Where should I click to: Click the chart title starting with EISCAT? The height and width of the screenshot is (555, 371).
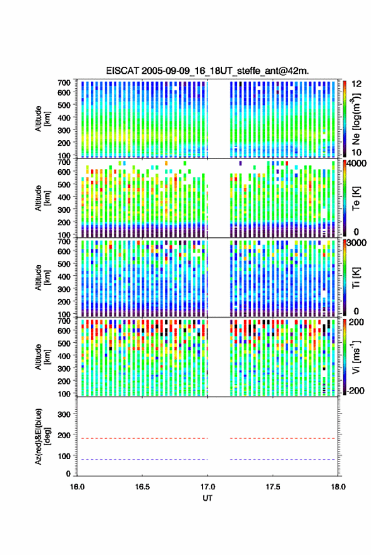click(x=207, y=71)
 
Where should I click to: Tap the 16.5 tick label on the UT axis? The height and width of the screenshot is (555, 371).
click(x=142, y=487)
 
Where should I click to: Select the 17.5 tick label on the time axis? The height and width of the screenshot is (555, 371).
click(x=272, y=487)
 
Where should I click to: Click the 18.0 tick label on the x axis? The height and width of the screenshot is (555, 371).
click(x=338, y=487)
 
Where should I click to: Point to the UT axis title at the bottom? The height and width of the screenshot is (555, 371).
click(x=208, y=498)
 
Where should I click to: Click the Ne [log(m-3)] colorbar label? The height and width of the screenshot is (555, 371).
click(x=356, y=119)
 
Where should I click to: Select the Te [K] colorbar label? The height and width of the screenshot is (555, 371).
click(x=356, y=198)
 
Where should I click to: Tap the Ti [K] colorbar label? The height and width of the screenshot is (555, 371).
click(x=356, y=278)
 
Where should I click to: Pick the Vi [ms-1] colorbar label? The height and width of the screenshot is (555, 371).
click(x=356, y=357)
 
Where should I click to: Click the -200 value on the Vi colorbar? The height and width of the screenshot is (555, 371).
click(x=355, y=391)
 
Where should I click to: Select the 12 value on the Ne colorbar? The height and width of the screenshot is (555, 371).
click(x=356, y=84)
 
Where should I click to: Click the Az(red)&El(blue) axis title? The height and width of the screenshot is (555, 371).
click(x=42, y=436)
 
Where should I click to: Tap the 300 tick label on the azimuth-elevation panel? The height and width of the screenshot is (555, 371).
click(x=64, y=414)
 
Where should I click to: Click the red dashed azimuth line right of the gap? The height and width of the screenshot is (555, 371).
click(x=283, y=439)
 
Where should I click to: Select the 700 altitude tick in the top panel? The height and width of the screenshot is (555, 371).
click(x=64, y=83)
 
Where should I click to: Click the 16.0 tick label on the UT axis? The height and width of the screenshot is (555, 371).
click(x=77, y=487)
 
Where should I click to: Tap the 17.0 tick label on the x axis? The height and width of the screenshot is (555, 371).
click(x=208, y=487)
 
